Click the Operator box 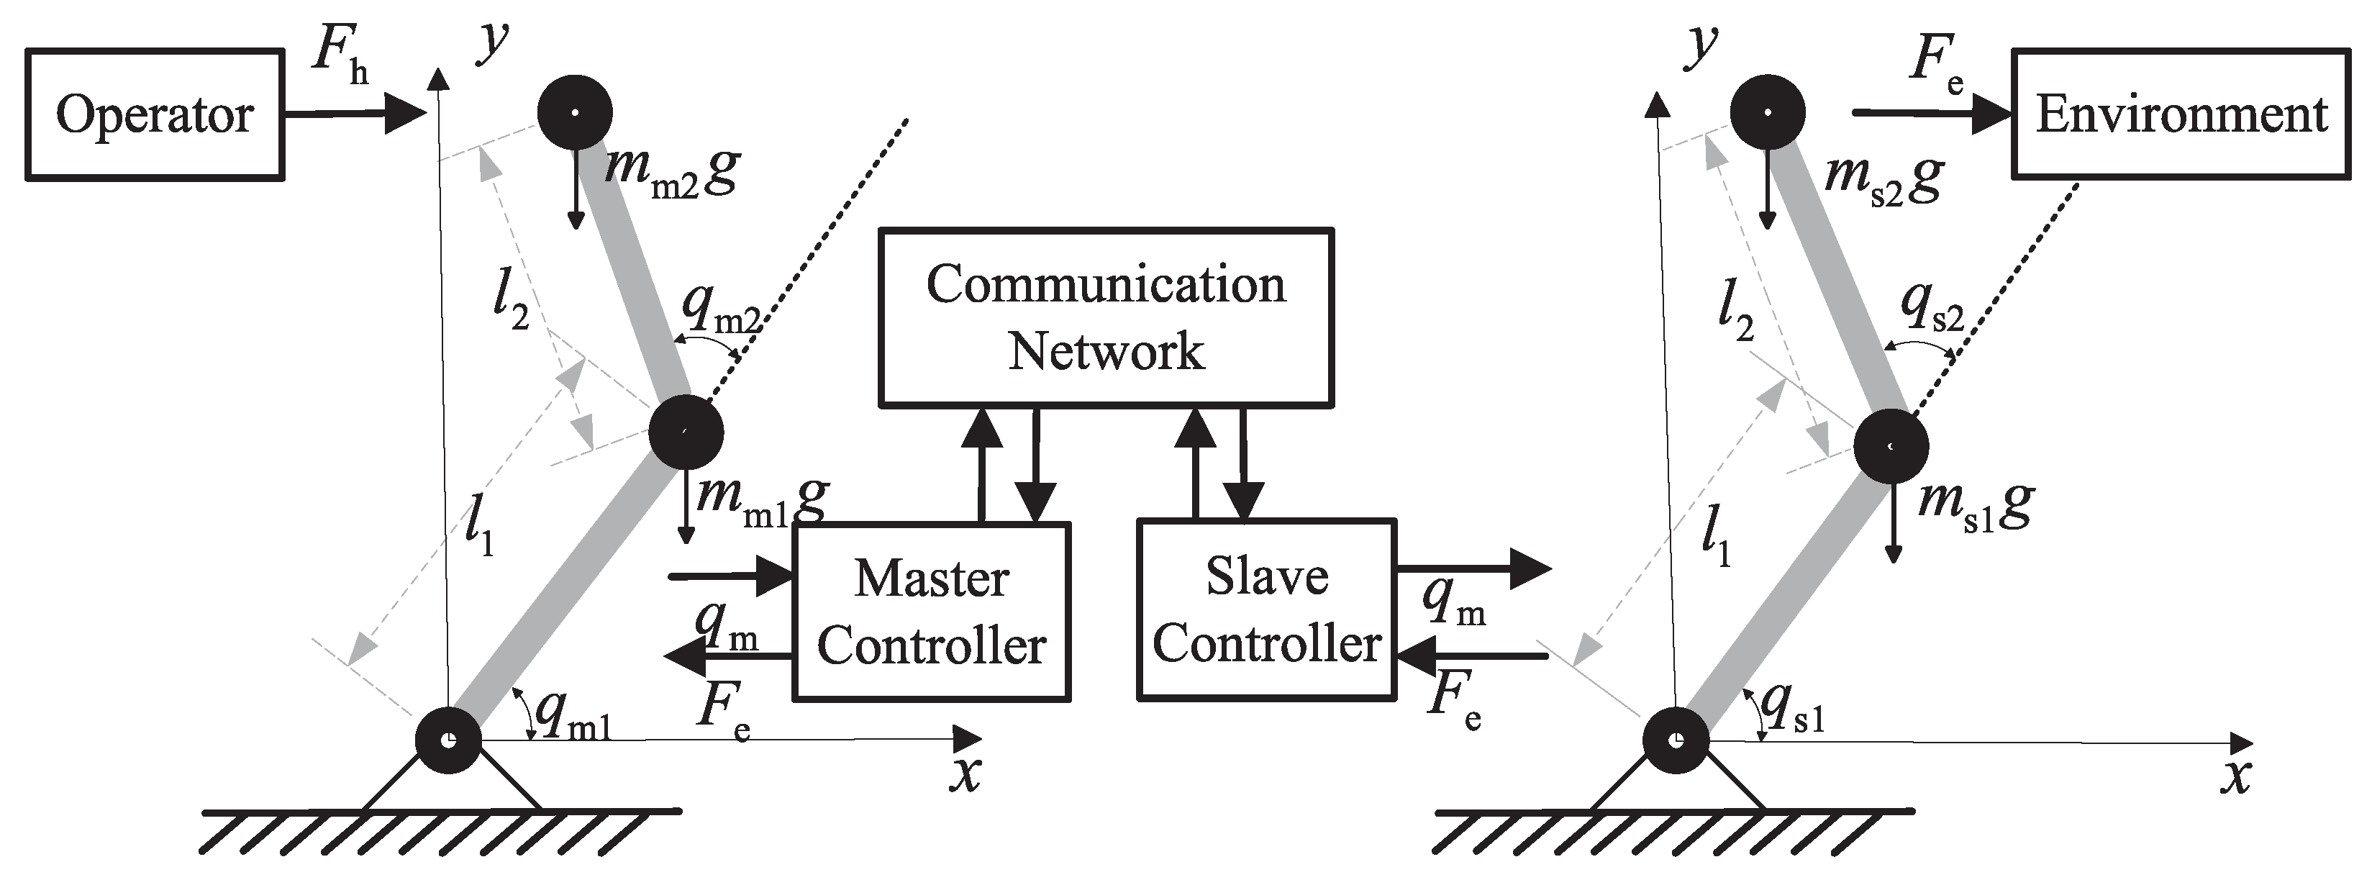tap(154, 115)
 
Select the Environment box tap(2181, 114)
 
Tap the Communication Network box tap(1106, 317)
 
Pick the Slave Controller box tap(1266, 609)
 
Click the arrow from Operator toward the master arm tap(355, 113)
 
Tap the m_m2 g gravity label tap(672, 171)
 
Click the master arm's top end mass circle tap(575, 112)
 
